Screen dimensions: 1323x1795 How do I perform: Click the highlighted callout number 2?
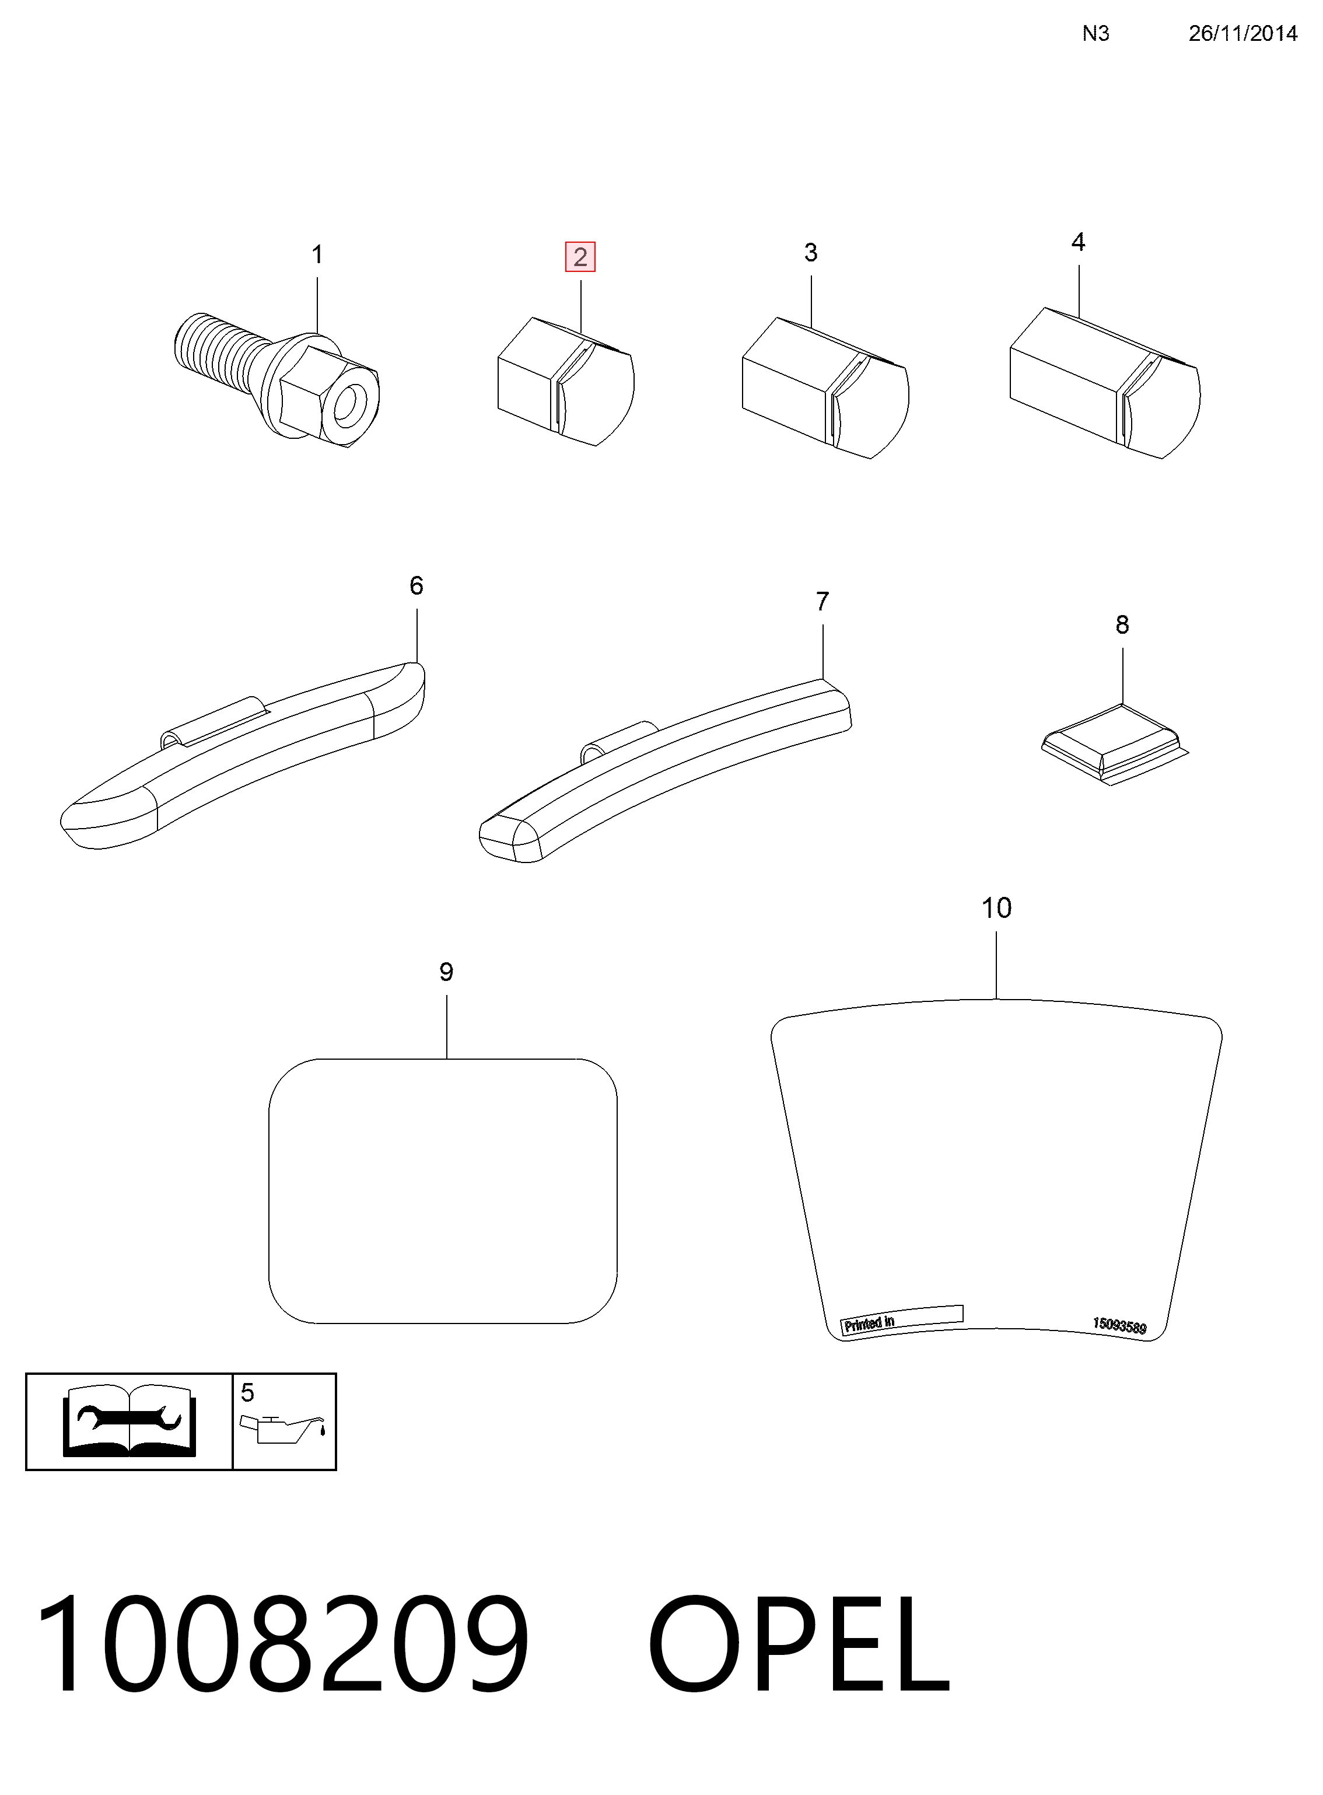pos(580,257)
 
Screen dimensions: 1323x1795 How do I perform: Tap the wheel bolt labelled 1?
pos(276,379)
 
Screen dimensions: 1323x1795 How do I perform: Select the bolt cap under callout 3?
pos(825,387)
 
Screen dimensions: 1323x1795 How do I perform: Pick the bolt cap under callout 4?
pos(1104,382)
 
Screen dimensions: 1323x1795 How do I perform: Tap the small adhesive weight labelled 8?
pos(1115,744)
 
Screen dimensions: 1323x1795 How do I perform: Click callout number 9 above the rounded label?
pos(446,972)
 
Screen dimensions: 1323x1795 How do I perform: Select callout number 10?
pos(996,907)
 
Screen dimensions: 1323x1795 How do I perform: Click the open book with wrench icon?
pos(129,1421)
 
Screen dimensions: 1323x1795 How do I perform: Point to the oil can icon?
pos(284,1428)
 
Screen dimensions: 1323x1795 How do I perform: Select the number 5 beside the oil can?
pos(247,1393)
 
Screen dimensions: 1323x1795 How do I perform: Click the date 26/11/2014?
pos(1243,33)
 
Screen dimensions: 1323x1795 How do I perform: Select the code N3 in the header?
pos(1095,33)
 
